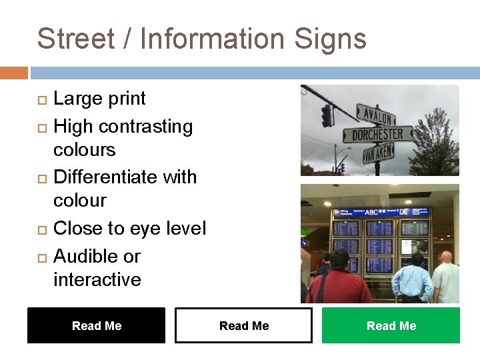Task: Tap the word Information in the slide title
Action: pyautogui.click(x=210, y=39)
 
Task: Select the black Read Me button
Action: pyautogui.click(x=96, y=325)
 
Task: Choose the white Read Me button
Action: pyautogui.click(x=243, y=325)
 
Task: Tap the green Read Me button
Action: pyautogui.click(x=391, y=325)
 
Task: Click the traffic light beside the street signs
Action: pyautogui.click(x=327, y=115)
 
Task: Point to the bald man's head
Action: pyautogui.click(x=445, y=257)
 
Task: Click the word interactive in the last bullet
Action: pyautogui.click(x=97, y=279)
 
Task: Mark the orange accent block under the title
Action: pyautogui.click(x=14, y=72)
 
